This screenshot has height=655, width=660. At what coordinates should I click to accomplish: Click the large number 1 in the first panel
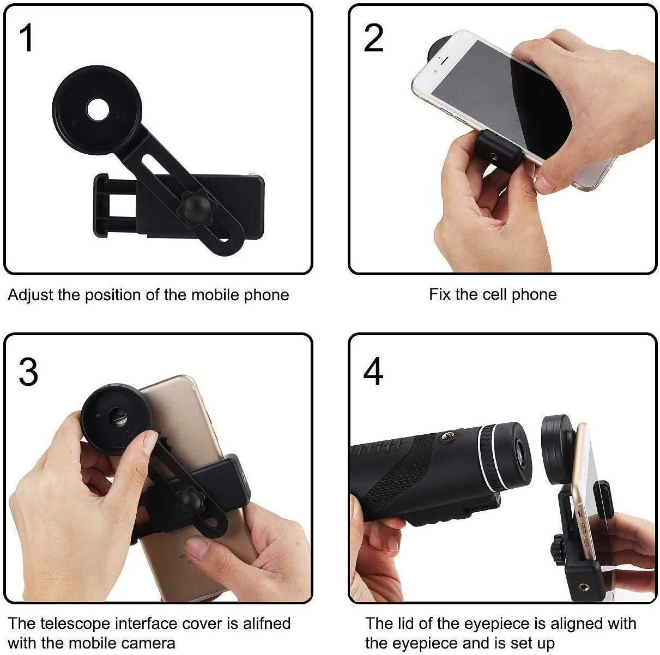(x=27, y=38)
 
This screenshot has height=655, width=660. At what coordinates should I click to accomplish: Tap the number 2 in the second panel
(x=373, y=38)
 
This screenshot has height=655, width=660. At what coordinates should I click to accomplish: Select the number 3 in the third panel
(x=28, y=372)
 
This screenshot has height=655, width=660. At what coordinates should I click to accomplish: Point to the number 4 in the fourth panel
(x=373, y=371)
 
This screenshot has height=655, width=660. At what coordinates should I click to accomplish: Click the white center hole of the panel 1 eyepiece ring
(x=98, y=110)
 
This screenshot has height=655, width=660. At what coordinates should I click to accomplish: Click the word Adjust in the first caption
(x=30, y=295)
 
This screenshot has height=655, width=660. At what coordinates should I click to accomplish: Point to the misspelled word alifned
(x=267, y=623)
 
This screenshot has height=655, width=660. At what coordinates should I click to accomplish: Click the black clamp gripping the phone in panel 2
(x=499, y=151)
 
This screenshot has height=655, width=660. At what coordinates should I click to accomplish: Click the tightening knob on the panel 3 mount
(x=187, y=501)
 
